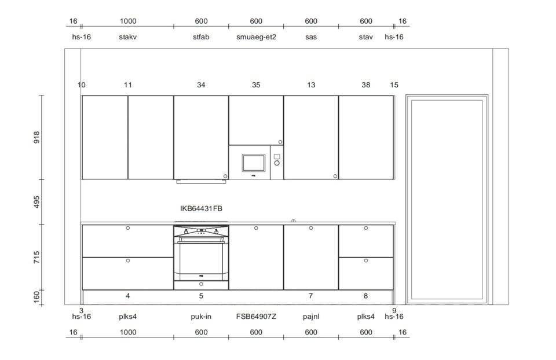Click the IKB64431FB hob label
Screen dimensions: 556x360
[x=201, y=208]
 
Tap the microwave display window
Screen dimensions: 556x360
[x=254, y=163]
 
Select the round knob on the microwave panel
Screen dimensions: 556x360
[x=277, y=163]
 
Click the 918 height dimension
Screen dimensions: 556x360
[x=36, y=137]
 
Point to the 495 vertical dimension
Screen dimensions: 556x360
[x=36, y=201]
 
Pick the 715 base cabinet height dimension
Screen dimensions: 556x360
[x=36, y=257]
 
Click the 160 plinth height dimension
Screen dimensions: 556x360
[x=36, y=297]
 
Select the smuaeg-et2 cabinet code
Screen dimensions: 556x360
[x=256, y=37]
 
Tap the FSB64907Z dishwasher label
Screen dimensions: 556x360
[x=256, y=317]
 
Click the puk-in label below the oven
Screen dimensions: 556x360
[x=201, y=317]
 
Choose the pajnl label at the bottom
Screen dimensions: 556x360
[x=311, y=317]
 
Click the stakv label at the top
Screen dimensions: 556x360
[x=127, y=37]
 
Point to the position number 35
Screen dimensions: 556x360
[x=256, y=85]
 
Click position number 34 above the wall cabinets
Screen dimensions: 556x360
[x=201, y=85]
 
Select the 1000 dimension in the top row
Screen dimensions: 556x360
[x=128, y=21]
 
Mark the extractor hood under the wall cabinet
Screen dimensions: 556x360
[x=201, y=181]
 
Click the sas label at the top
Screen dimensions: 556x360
[x=311, y=37]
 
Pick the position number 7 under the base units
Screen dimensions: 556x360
[x=310, y=296]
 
